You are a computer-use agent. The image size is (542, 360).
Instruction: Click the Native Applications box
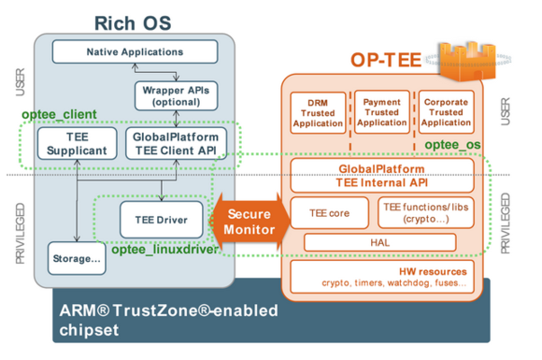(135, 51)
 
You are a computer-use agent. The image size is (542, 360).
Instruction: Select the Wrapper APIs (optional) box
(176, 95)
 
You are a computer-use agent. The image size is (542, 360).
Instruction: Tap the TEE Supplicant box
(77, 143)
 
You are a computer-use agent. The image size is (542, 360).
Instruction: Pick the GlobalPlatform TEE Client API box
(176, 143)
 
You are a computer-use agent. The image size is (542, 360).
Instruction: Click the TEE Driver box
(161, 220)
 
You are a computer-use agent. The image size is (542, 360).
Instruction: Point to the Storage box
(77, 258)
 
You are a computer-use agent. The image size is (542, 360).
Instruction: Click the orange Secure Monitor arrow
(250, 222)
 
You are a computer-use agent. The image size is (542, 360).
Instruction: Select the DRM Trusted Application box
(318, 113)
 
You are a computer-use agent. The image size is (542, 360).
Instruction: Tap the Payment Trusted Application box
(382, 112)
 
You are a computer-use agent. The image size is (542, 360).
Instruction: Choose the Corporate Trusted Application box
(446, 112)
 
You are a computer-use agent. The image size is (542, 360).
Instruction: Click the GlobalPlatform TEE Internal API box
(382, 176)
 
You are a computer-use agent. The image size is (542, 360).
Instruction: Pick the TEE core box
(330, 213)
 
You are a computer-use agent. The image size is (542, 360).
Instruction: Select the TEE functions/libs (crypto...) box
(426, 213)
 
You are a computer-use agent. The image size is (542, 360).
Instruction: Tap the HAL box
(380, 242)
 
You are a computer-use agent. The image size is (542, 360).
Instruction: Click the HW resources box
(382, 277)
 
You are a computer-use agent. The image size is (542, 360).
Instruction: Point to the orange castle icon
(467, 61)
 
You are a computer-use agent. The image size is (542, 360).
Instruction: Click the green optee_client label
(59, 114)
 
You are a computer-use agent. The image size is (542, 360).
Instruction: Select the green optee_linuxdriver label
(164, 250)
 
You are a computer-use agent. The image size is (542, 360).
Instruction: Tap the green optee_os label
(452, 145)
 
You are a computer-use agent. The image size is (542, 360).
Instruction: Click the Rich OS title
(133, 23)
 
